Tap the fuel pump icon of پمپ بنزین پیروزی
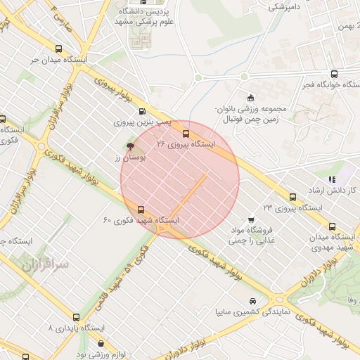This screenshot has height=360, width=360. (x=143, y=110)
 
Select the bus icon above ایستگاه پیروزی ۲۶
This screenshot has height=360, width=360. (x=186, y=133)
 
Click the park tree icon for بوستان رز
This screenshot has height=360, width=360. (x=130, y=146)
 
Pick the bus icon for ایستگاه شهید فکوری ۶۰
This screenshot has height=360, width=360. (x=141, y=210)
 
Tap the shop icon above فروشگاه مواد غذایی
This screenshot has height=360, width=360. (x=251, y=219)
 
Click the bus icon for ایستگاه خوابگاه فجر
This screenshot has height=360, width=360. (x=333, y=74)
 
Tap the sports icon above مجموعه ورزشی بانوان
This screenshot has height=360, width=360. (x=250, y=98)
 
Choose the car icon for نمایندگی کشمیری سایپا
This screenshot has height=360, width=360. (x=252, y=301)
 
